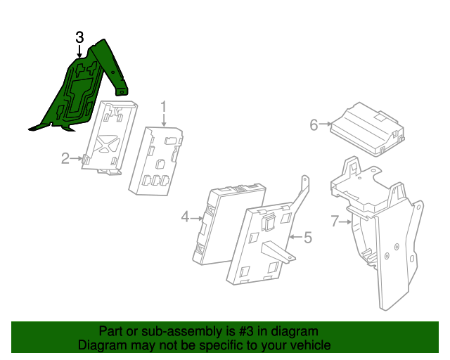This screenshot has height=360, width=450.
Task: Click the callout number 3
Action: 80,37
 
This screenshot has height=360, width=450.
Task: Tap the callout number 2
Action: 65,159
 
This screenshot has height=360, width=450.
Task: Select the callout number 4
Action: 185,218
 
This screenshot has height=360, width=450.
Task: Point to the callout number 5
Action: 307,238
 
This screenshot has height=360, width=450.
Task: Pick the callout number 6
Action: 314,125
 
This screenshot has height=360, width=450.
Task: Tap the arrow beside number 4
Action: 197,218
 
